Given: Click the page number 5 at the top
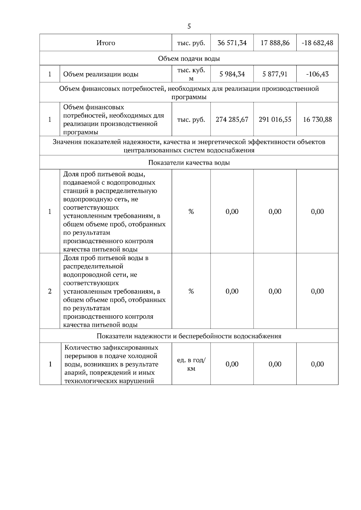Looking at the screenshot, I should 189,26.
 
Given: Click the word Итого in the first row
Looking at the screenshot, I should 106,43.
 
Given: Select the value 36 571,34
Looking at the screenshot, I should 232,43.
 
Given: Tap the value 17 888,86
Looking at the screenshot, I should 275,43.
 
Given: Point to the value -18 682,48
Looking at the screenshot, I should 317,43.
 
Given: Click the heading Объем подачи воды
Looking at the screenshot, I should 189,59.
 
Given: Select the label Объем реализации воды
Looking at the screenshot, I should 101,74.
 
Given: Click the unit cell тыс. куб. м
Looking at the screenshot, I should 191,74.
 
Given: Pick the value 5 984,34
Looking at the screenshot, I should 232,74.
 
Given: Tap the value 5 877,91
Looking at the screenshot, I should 275,74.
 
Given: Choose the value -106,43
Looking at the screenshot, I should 317,74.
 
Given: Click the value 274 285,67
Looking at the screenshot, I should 232,120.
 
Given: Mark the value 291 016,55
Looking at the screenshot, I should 275,120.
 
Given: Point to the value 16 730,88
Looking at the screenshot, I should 317,120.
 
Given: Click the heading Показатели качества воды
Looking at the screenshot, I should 189,163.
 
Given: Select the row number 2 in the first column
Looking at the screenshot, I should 50,291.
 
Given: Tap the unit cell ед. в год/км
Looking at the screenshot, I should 191,364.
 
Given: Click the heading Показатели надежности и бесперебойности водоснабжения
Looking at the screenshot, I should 189,336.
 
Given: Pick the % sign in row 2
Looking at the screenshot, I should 191,291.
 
